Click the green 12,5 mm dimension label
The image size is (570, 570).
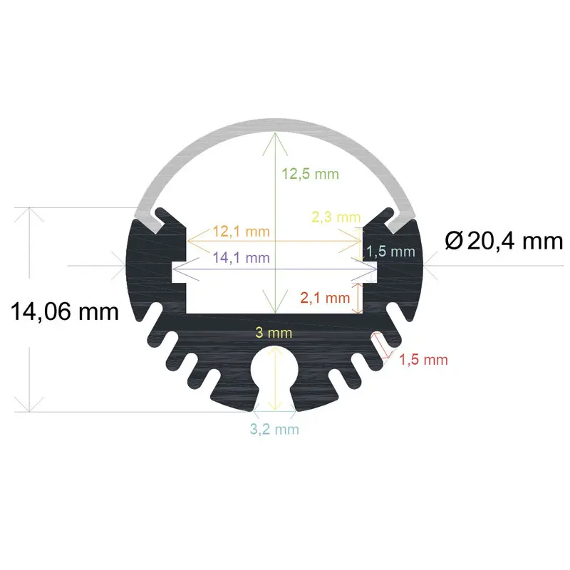310,174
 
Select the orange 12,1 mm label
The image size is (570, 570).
241,232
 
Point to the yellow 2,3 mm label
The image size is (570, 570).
336,217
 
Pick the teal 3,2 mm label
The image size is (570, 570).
274,429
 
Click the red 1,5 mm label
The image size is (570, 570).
423,360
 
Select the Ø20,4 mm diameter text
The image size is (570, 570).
503,242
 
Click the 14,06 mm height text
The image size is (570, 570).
64,311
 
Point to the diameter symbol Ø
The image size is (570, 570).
453,242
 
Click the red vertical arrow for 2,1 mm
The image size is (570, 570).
358,296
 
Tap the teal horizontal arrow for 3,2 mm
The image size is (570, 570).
274,412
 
